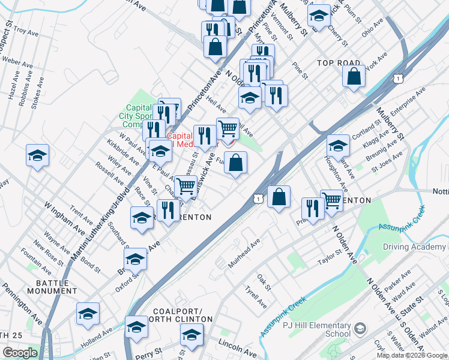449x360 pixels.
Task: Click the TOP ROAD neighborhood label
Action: coord(339,63)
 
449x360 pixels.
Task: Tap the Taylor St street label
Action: coord(329,257)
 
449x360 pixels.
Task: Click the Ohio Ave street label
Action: coord(373,28)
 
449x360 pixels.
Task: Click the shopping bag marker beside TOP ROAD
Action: coord(354,76)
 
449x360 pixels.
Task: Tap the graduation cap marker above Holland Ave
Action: coord(88,314)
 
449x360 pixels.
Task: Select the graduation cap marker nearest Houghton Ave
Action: coord(338,146)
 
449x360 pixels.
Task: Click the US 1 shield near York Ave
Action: coord(397,79)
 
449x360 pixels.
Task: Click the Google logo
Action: coord(20,353)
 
